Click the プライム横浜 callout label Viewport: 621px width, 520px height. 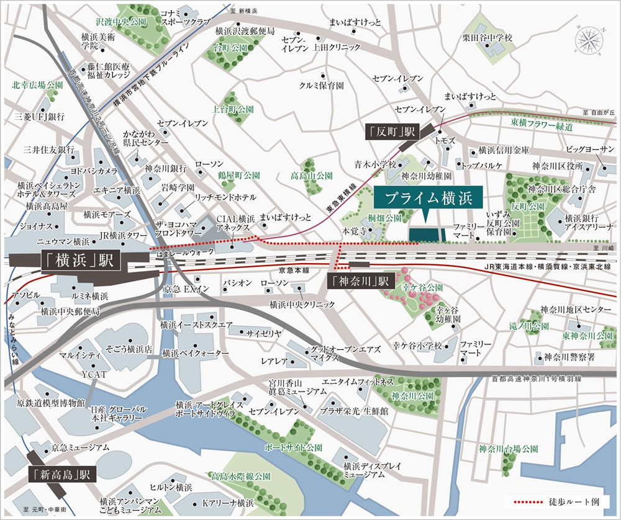point(425,200)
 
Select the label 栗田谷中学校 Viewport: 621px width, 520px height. point(487,38)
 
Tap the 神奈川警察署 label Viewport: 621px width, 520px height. point(569,357)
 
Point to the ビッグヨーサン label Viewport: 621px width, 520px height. point(589,150)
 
